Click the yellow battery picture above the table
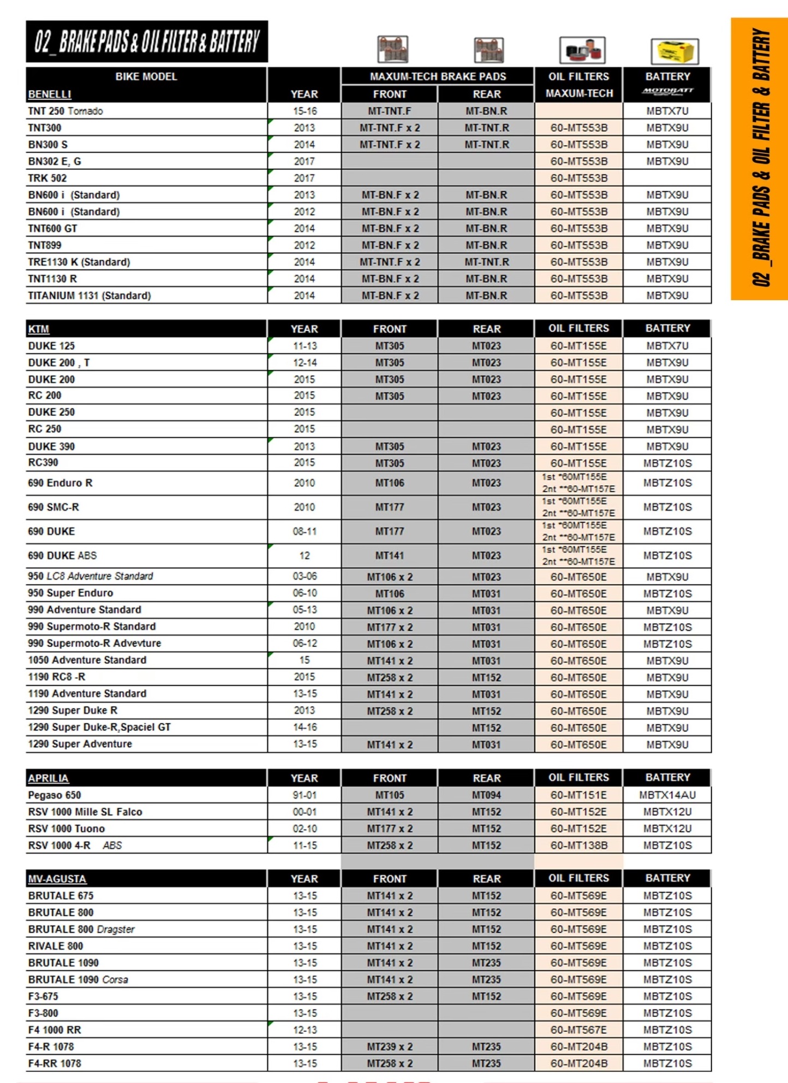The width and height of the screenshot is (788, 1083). coord(674,51)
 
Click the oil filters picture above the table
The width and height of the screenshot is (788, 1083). coord(582,50)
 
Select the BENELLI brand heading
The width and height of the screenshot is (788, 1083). coord(50,94)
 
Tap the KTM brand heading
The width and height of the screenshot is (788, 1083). coord(39,329)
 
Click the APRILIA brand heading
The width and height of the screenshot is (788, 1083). coord(49,778)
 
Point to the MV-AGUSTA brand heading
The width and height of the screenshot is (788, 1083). coord(57,878)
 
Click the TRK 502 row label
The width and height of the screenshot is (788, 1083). coord(47,178)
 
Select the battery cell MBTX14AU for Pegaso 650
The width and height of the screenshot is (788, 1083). coord(667,795)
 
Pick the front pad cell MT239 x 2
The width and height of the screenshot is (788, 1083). coord(390,1046)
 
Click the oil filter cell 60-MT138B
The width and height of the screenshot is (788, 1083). coord(578,845)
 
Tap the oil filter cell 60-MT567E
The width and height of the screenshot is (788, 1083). coord(578,1030)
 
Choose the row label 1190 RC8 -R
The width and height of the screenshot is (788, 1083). coord(57,677)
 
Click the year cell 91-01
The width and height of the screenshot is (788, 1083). coord(304,795)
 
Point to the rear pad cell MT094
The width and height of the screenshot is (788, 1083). coord(486,795)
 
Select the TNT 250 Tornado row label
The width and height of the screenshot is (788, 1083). coord(65,111)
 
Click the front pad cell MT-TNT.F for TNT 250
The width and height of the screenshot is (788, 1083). coord(390,111)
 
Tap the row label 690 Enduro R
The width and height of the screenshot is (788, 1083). coord(60,483)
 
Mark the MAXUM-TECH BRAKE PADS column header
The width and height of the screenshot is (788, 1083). coord(438,76)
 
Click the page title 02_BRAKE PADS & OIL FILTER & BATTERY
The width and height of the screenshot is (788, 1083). coord(147,41)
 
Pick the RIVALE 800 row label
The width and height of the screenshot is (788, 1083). coord(56,945)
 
